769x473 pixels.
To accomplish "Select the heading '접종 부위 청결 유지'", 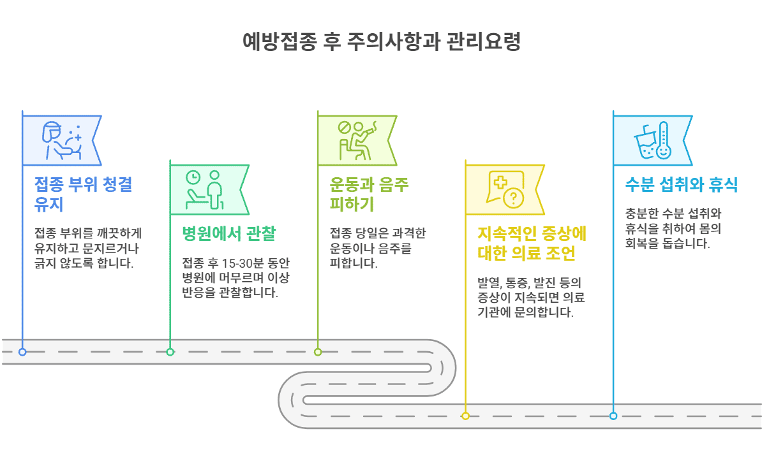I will [83, 195].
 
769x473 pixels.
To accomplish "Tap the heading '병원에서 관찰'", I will [228, 233].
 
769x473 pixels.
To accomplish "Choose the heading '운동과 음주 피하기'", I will [369, 195].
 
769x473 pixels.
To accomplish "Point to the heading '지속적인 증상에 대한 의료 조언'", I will [532, 243].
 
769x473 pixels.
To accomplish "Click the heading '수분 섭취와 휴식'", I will [681, 186].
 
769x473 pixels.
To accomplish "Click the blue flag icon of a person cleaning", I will [61, 140].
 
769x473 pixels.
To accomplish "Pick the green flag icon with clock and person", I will [205, 189].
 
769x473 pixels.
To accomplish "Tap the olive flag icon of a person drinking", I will [356, 140].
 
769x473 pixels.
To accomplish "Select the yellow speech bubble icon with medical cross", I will [505, 190].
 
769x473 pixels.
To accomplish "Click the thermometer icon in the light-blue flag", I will [663, 139].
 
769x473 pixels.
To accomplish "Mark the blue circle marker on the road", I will [22, 352].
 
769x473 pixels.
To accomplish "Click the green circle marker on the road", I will [170, 352].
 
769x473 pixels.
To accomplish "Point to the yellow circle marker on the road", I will [465, 416].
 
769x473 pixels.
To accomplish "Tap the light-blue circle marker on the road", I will [613, 416].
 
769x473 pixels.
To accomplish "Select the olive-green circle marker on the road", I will [318, 352].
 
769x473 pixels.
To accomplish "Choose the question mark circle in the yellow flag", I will [513, 200].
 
